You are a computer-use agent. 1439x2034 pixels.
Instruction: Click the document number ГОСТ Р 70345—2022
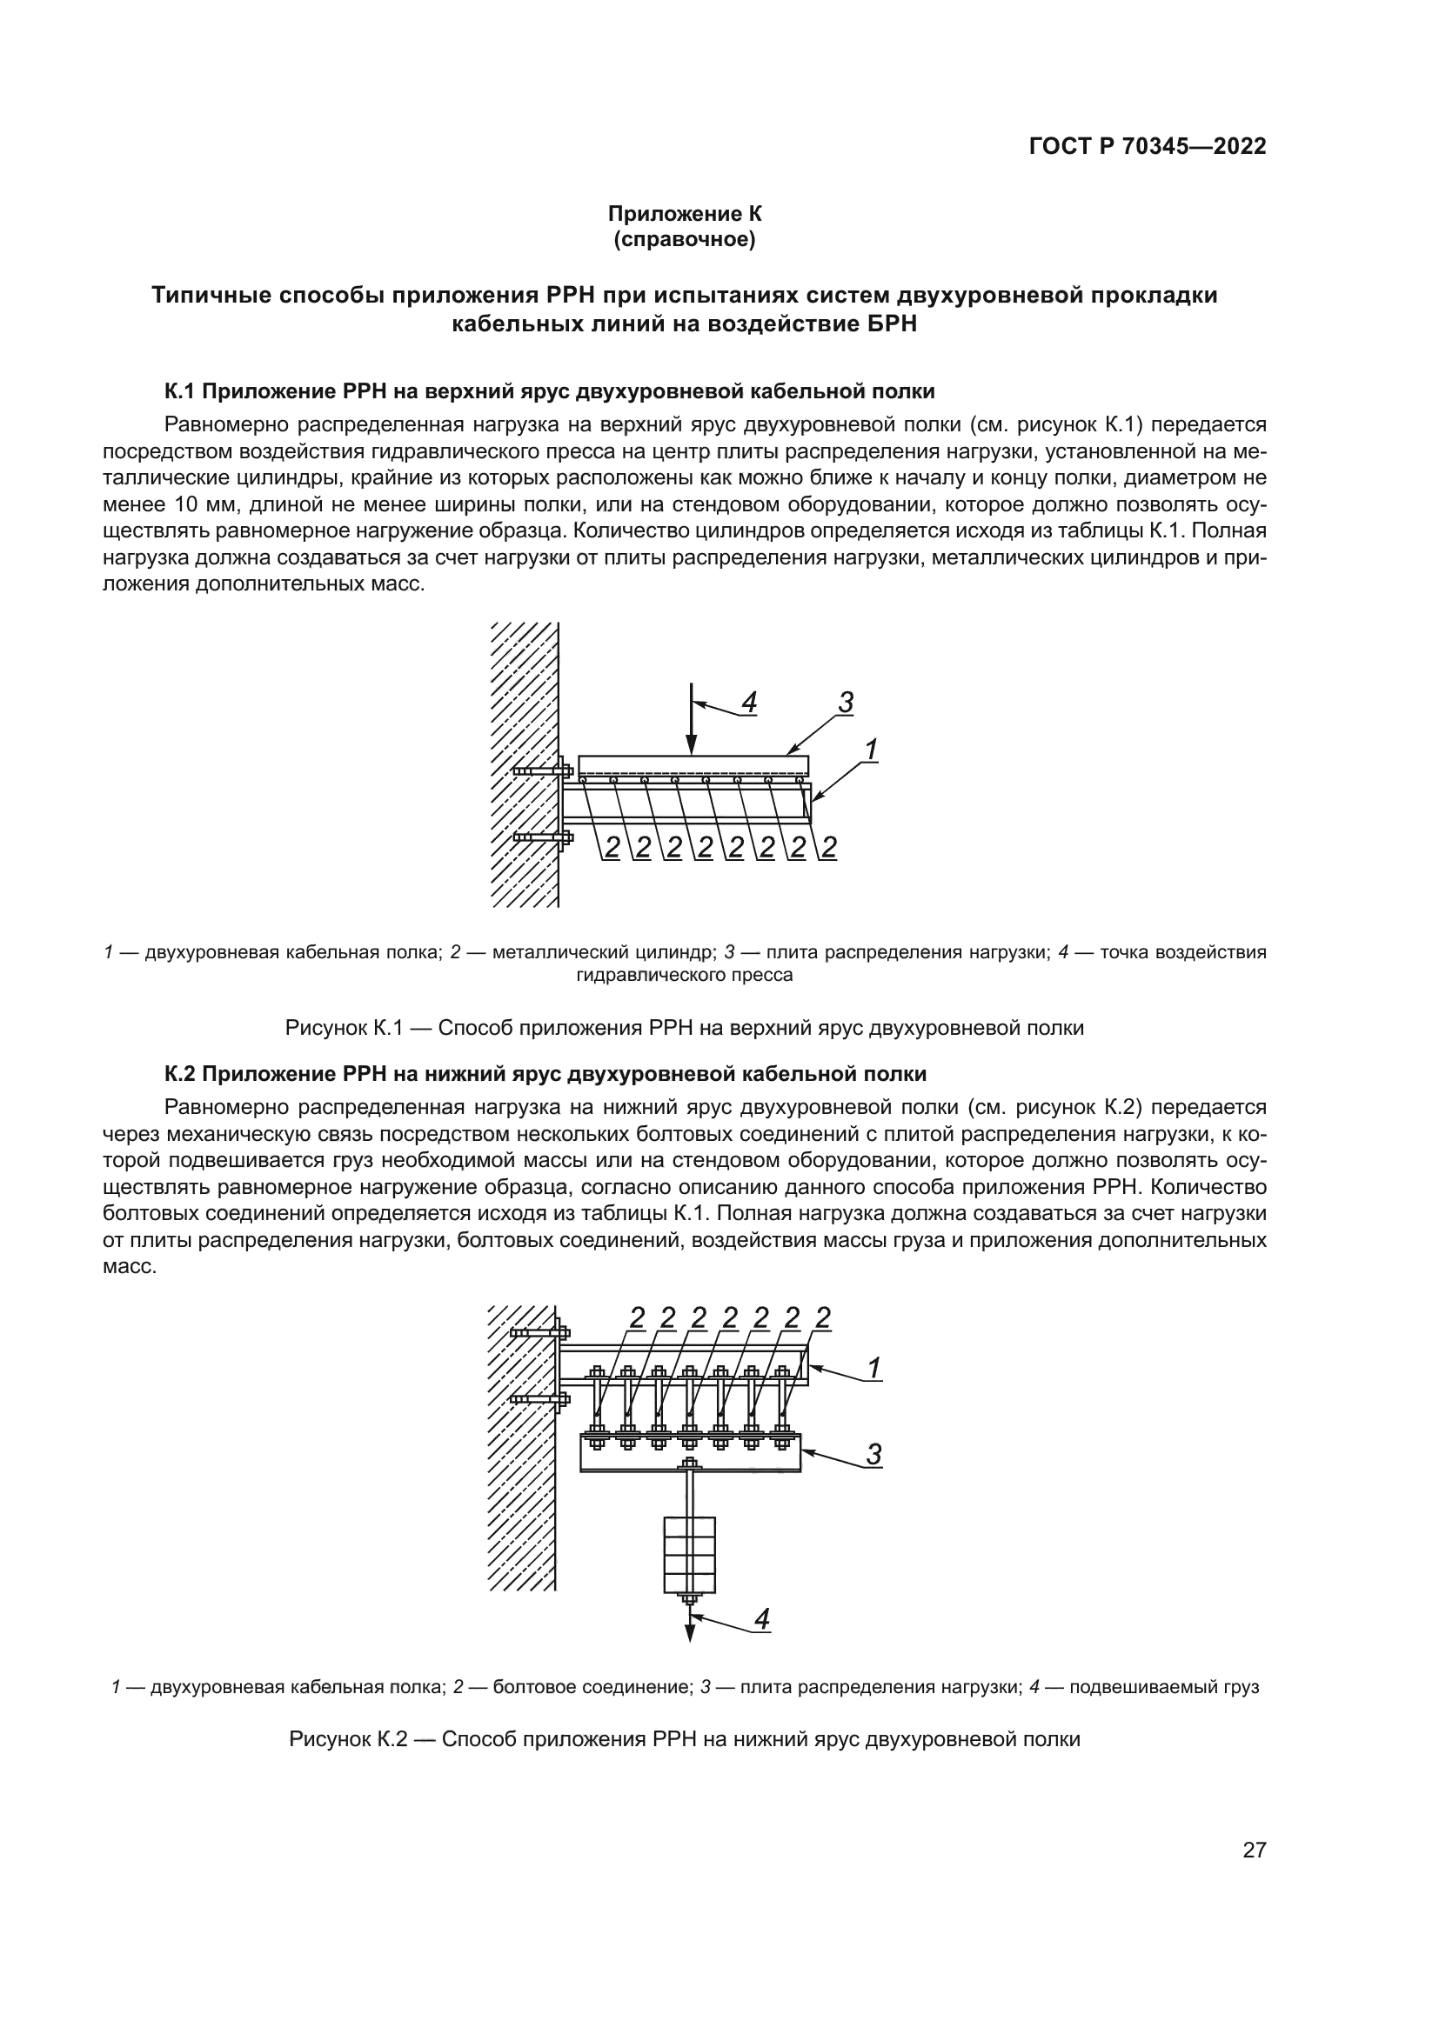click(x=1148, y=147)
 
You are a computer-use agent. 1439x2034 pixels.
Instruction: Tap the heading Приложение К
click(x=684, y=214)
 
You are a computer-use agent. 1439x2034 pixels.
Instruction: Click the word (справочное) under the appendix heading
click(x=684, y=239)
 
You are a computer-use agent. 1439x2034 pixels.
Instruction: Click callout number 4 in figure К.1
click(x=749, y=704)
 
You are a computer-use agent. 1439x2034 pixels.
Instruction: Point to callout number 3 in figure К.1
click(x=846, y=704)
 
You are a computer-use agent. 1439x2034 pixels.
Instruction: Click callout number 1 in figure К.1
click(x=871, y=750)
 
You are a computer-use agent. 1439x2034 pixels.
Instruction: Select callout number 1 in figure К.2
click(x=873, y=1370)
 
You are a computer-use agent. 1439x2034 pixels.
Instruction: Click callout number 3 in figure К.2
click(x=873, y=1454)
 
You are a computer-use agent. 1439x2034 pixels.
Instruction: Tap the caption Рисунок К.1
click(x=684, y=1028)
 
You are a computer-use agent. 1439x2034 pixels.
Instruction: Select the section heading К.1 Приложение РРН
click(x=549, y=390)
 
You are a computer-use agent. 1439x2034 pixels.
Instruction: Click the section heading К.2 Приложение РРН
click(x=545, y=1074)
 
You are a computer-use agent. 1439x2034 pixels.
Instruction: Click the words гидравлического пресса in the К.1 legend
click(x=684, y=976)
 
